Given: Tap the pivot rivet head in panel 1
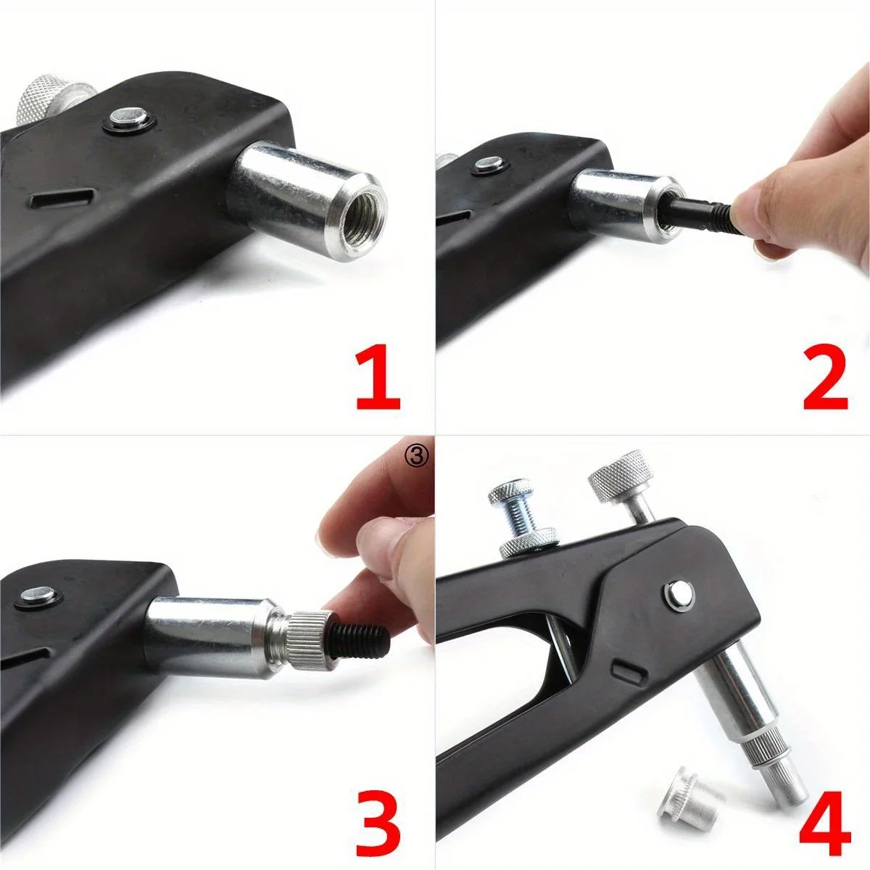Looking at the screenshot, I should coord(129,117).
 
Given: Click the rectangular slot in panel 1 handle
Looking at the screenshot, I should coord(62,196).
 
